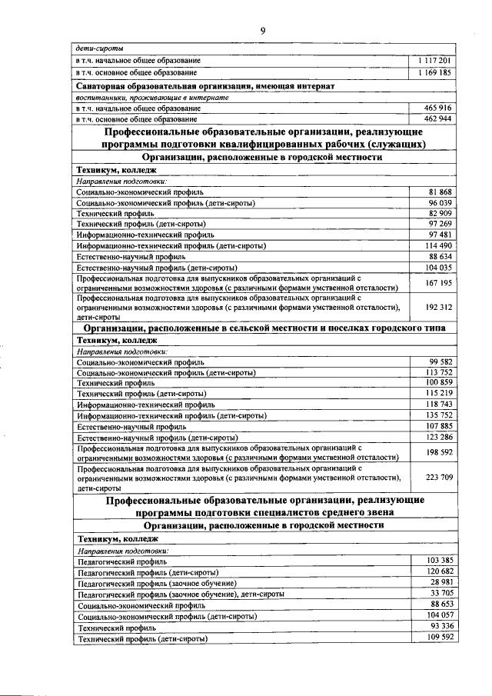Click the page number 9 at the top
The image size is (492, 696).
point(262,30)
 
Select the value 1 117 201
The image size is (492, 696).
point(434,60)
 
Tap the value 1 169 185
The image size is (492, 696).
point(434,72)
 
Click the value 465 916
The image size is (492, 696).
point(434,108)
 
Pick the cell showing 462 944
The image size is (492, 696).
point(434,119)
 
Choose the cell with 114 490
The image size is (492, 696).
point(438,245)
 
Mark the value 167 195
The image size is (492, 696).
point(438,283)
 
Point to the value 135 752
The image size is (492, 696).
point(438,415)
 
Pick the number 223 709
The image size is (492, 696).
point(438,477)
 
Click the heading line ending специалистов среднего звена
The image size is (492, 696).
point(264,511)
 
